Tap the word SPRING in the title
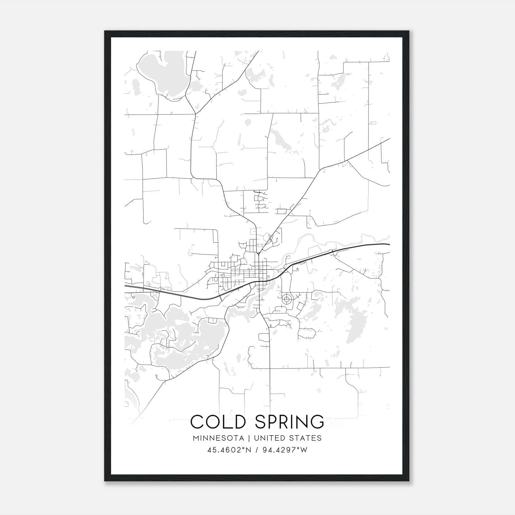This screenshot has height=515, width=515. (289, 422)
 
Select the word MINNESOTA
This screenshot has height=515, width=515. (220, 438)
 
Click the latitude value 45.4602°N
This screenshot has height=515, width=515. (228, 450)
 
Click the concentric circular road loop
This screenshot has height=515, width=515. (286, 299)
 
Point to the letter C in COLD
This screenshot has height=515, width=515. (198, 422)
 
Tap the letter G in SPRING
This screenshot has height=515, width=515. (317, 422)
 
